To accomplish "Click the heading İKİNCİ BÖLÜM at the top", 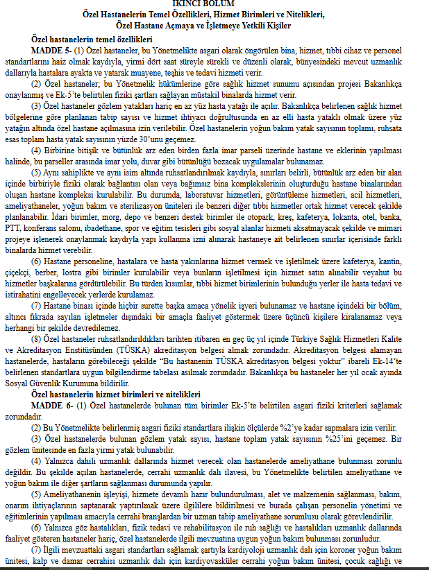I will point(214,3).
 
